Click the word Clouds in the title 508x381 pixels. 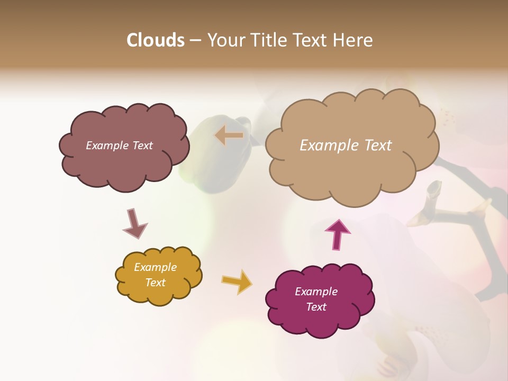click(x=156, y=40)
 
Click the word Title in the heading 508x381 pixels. click(x=265, y=40)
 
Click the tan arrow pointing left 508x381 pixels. click(x=229, y=135)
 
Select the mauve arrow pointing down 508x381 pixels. click(x=134, y=224)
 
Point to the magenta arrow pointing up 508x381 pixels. click(x=338, y=234)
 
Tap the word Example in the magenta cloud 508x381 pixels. click(x=316, y=292)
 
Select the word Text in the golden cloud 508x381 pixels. click(x=156, y=283)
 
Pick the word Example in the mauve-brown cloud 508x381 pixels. click(x=107, y=146)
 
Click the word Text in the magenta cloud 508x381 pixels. click(x=316, y=307)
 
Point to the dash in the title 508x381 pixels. click(x=195, y=40)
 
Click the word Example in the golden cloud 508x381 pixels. click(x=156, y=267)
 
